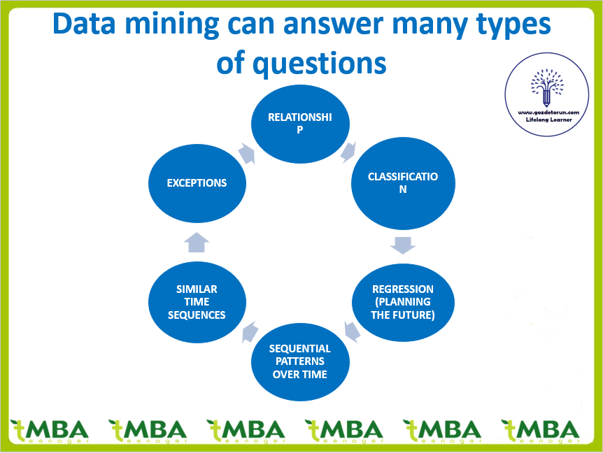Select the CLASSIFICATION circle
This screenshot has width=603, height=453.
click(403, 183)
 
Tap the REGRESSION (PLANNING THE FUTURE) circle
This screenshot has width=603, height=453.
click(403, 302)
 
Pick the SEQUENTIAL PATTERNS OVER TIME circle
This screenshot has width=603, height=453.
click(300, 361)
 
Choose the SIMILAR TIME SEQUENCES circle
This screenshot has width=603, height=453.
click(197, 302)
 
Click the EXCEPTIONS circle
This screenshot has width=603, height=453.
click(197, 183)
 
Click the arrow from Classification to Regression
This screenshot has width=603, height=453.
click(403, 244)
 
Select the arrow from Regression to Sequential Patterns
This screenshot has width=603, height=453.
click(352, 331)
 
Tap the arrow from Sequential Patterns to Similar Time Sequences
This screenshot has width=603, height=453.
click(249, 333)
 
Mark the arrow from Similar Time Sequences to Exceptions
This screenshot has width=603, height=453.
click(197, 242)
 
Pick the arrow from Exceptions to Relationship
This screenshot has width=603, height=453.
click(246, 152)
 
